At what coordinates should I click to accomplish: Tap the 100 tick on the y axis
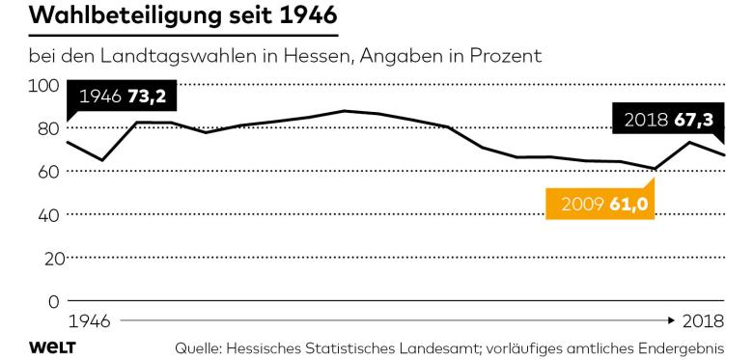pos(46,85)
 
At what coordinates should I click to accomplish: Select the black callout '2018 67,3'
pos(667,122)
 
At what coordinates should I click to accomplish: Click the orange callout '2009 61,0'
pos(600,205)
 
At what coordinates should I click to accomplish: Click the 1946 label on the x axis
pos(88,319)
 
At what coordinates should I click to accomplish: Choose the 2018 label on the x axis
pos(703,319)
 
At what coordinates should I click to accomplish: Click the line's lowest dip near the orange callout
pos(655,169)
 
